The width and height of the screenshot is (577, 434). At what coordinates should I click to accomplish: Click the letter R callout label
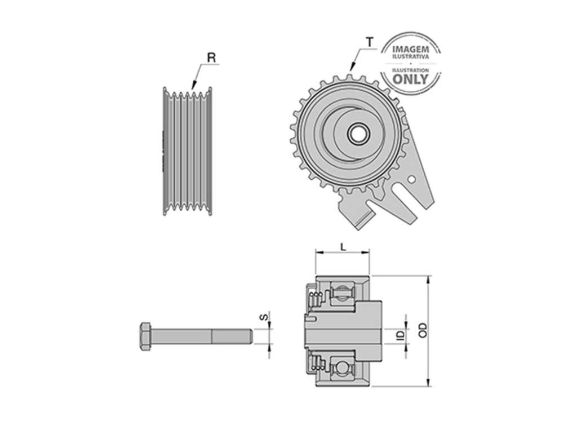(x=211, y=58)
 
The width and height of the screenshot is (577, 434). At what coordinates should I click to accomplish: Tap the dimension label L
(x=343, y=247)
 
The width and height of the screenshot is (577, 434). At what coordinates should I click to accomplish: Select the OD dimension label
(x=423, y=330)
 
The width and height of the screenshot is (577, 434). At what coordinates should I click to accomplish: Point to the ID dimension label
(x=401, y=335)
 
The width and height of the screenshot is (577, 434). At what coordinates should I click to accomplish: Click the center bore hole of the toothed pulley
(x=358, y=134)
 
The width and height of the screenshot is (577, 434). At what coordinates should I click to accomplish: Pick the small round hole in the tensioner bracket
(x=412, y=179)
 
